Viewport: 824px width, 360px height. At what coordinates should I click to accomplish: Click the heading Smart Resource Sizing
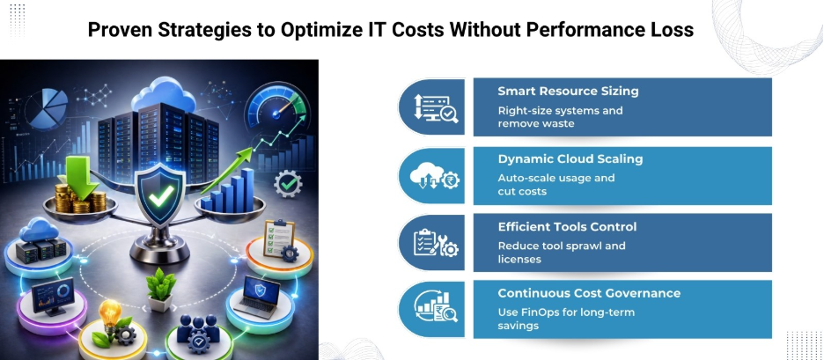[568, 91]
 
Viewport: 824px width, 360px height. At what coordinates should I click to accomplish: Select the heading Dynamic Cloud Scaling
[570, 159]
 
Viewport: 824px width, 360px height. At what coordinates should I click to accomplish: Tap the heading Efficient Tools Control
[567, 227]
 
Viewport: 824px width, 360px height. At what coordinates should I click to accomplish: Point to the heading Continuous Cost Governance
[589, 293]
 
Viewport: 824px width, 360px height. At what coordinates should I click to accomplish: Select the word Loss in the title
[670, 30]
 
